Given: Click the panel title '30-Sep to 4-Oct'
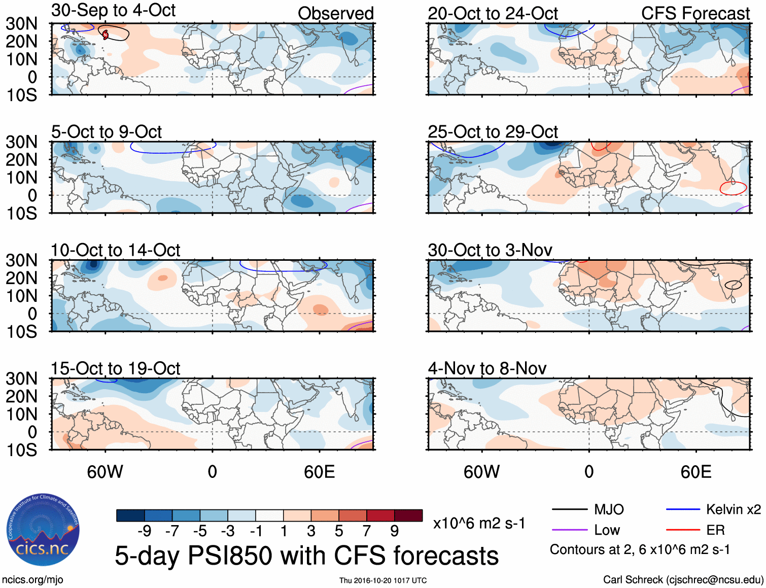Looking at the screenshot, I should click(x=113, y=11).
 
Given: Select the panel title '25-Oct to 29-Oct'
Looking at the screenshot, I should click(x=493, y=132).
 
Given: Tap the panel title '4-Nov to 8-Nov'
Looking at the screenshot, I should click(x=487, y=368).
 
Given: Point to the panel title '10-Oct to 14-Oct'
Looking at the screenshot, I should click(x=116, y=250).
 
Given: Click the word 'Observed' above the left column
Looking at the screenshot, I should click(x=335, y=14).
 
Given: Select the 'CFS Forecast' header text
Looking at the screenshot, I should click(x=695, y=14).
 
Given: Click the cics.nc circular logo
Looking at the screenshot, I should click(x=43, y=530).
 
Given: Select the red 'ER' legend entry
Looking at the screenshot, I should click(x=715, y=530).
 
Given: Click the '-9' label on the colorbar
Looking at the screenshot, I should click(x=144, y=531).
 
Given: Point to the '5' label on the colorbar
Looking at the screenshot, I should click(x=339, y=531).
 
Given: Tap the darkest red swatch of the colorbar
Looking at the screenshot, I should click(x=408, y=515).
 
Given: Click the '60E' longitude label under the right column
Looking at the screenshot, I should click(x=695, y=472).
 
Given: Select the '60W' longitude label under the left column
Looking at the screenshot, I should click(x=105, y=472).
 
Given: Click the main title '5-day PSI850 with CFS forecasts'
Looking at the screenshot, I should click(x=306, y=556).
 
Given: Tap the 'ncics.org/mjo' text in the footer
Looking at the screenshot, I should click(x=32, y=580).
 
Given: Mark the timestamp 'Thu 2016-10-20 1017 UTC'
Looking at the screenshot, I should click(x=383, y=580).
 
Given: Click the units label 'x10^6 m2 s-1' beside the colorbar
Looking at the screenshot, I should click(x=479, y=523).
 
